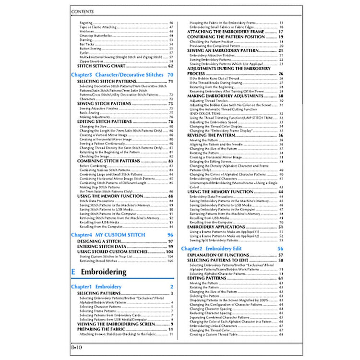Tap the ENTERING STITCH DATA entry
pos(99,247)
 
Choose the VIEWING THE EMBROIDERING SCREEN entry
pos(116,324)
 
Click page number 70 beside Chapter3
pos(170,75)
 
